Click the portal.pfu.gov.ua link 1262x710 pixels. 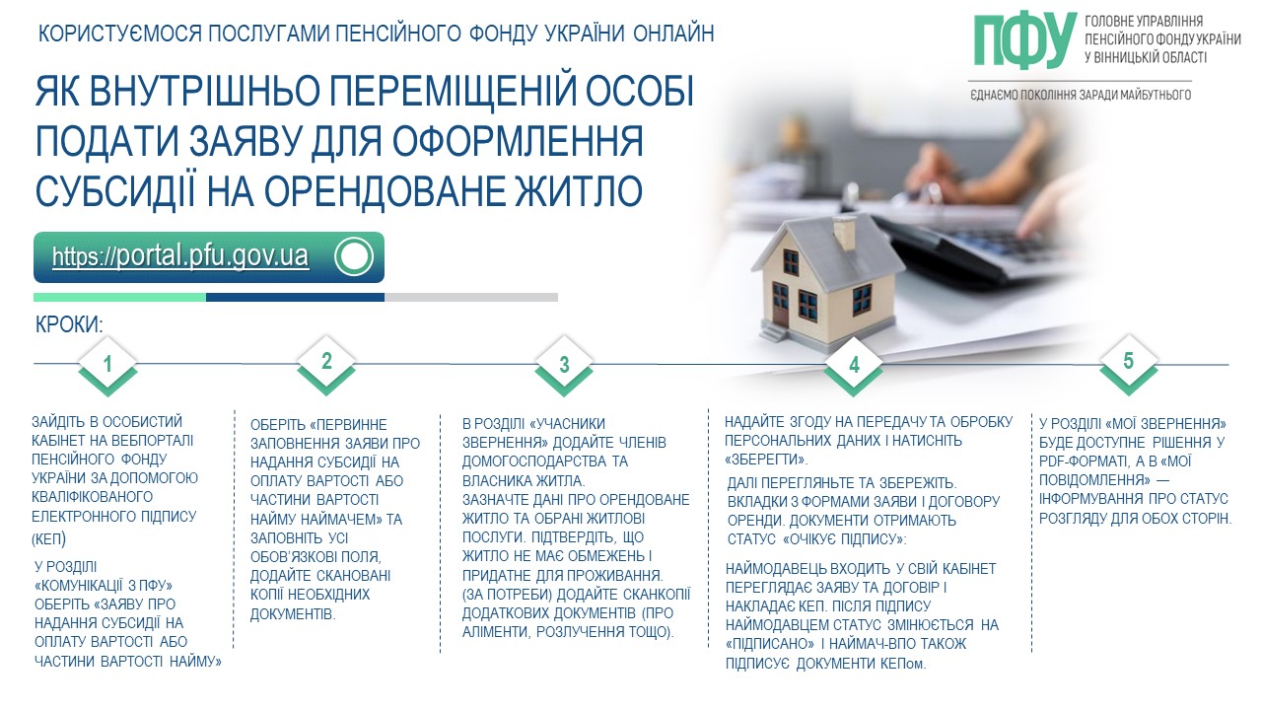coord(180,256)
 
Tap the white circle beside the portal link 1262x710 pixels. coord(354,256)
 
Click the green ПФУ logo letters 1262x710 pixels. coord(1025,40)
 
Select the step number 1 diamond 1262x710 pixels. coord(107,365)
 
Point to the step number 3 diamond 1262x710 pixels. coord(564,365)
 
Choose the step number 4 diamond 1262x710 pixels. coord(854,365)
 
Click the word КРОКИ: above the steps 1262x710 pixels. coord(69,325)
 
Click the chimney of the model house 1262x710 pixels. coord(845,232)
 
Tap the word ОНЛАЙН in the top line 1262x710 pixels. coord(673,34)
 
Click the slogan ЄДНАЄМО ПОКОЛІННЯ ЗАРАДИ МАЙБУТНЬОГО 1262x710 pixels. coord(1081,95)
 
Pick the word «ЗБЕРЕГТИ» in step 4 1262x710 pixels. coord(766,460)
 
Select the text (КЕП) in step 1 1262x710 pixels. coord(48,539)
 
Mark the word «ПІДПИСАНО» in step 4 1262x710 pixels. coord(770,644)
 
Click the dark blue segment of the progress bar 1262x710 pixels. coord(295,297)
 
